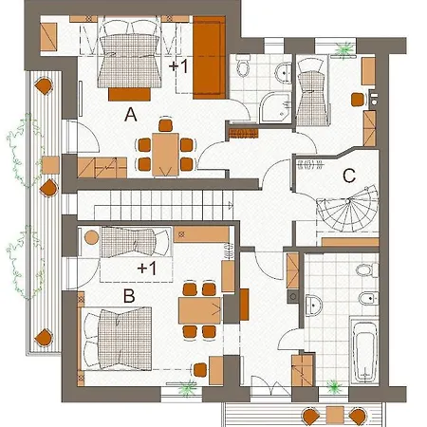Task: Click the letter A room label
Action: pos(131,115)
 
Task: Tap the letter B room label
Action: pos(129,296)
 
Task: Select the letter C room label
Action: pos(349,176)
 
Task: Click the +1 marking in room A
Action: pos(178,66)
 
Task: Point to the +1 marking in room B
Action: pos(147,269)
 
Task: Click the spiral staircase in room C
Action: pos(347,209)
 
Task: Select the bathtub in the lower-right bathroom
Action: pos(365,351)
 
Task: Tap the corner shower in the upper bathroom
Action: pos(275,107)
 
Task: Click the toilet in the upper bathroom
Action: pos(243,65)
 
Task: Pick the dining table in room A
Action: pos(165,155)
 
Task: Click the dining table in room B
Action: pos(200,310)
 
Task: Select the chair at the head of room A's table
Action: pos(165,124)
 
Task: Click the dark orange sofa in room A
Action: pos(209,57)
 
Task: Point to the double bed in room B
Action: pos(117,339)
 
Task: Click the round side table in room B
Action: pos(92,237)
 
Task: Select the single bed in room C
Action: pos(312,91)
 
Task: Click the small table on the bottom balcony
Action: pos(335,415)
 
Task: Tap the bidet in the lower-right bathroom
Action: pos(369,298)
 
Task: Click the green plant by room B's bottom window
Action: pos(187,388)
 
